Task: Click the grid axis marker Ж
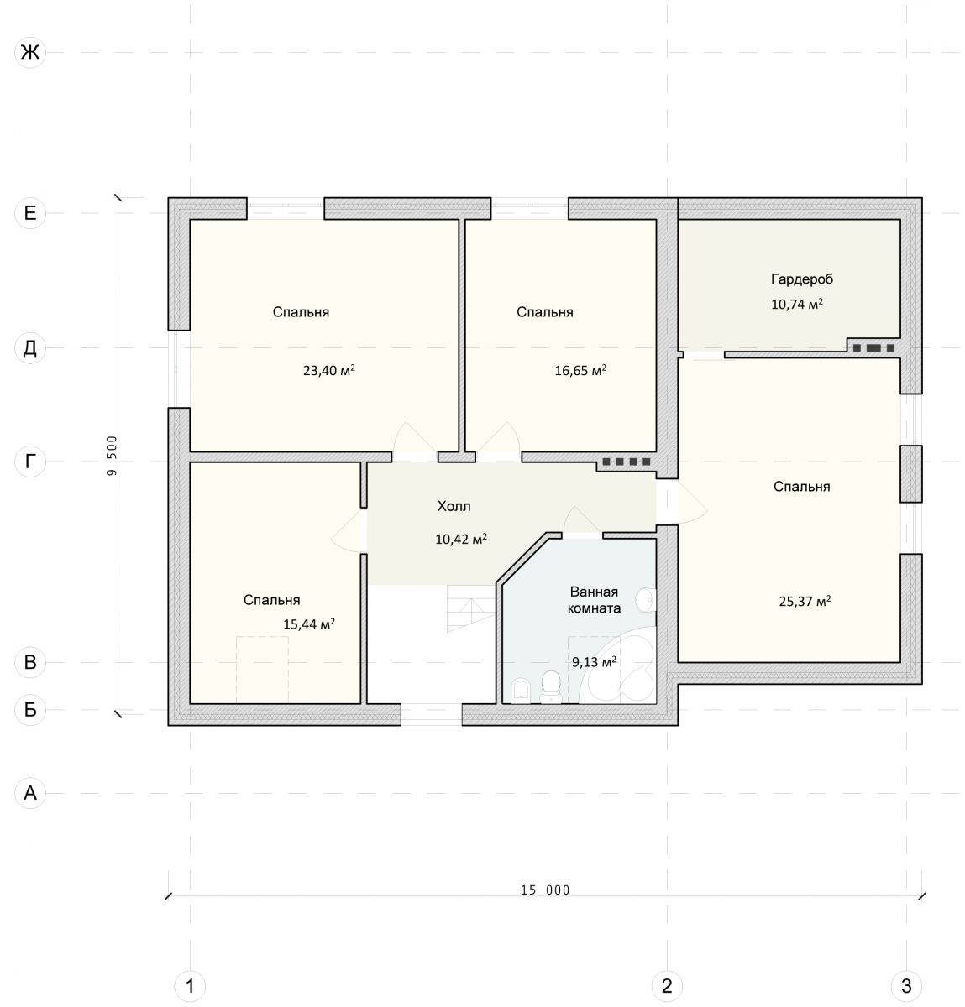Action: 30,52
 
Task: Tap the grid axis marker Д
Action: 30,347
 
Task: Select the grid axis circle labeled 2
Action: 667,986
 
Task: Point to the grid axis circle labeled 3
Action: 906,986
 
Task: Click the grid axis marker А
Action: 30,793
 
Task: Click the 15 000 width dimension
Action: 545,890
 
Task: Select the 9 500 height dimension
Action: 112,456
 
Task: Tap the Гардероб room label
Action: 802,279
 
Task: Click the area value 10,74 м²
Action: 797,304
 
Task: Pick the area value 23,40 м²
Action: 329,371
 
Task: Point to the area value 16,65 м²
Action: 580,371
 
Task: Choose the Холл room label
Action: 454,506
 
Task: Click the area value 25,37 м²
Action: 805,602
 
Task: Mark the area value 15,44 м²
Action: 309,624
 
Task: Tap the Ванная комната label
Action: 594,600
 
